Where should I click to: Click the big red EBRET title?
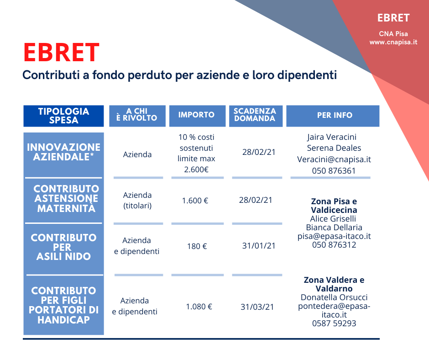click(61, 53)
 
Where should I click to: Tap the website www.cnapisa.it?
click(393, 42)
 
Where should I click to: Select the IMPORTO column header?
click(196, 115)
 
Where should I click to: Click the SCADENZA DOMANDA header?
click(255, 115)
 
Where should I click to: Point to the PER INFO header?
click(335, 115)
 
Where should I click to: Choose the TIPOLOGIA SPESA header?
click(63, 116)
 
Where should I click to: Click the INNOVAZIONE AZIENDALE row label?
click(63, 152)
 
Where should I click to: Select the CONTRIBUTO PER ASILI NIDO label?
click(63, 247)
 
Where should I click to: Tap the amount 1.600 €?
click(195, 201)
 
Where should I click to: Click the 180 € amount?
click(197, 246)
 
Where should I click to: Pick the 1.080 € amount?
click(199, 307)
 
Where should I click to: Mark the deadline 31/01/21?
click(259, 246)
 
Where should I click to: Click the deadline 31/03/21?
click(257, 307)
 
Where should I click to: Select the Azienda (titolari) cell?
click(137, 200)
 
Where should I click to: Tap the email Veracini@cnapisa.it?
click(334, 159)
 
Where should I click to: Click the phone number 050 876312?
click(334, 245)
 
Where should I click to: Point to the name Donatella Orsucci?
click(334, 297)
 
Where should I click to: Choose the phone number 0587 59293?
click(334, 323)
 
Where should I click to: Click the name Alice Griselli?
click(333, 219)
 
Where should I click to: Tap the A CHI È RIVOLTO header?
click(137, 115)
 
